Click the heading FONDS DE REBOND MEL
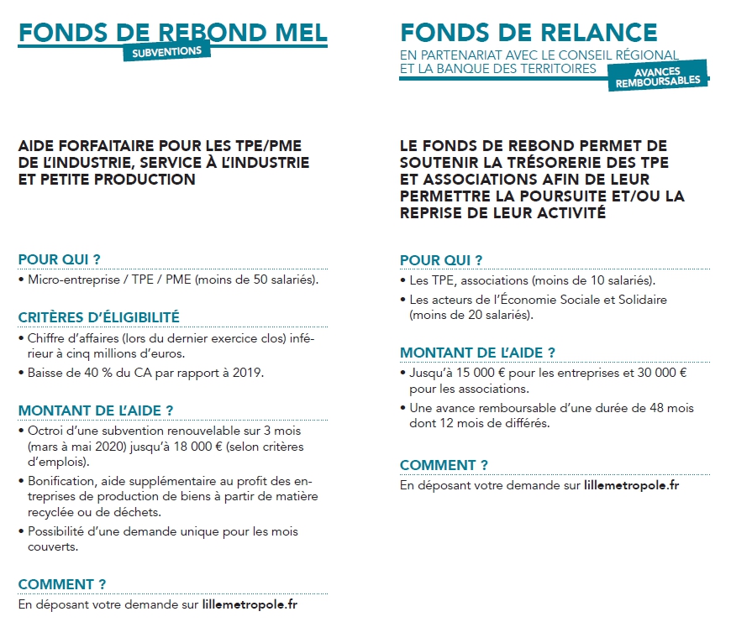click(x=173, y=32)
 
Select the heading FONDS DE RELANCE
click(x=529, y=32)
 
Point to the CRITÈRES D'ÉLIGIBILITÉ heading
click(x=99, y=317)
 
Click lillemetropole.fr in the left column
click(x=250, y=604)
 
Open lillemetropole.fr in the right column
click(x=631, y=484)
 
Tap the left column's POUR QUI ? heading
click(x=65, y=259)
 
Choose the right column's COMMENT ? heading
click(x=444, y=465)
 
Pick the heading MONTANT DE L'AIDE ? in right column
click(x=477, y=353)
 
